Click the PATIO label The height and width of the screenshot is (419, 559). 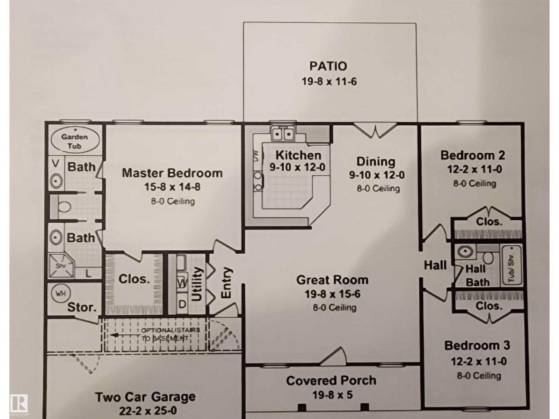[x=328, y=66]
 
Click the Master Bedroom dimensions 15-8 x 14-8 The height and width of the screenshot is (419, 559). [x=172, y=187]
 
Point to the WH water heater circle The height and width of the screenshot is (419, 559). [x=61, y=293]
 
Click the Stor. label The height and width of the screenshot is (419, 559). [x=82, y=308]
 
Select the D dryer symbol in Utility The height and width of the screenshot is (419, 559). [x=182, y=304]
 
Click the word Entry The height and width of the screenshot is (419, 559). [x=226, y=283]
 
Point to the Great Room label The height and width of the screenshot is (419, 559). [x=332, y=280]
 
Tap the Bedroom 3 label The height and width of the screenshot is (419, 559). [x=477, y=346]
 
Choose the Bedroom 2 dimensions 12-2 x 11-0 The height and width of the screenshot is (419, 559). [x=474, y=169]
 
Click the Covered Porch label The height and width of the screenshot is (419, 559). [x=331, y=381]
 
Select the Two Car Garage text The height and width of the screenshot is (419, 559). [x=145, y=397]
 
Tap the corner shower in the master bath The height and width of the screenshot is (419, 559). [x=61, y=266]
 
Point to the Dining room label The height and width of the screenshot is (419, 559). [x=376, y=161]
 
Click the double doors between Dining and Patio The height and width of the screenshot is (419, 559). [x=375, y=131]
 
